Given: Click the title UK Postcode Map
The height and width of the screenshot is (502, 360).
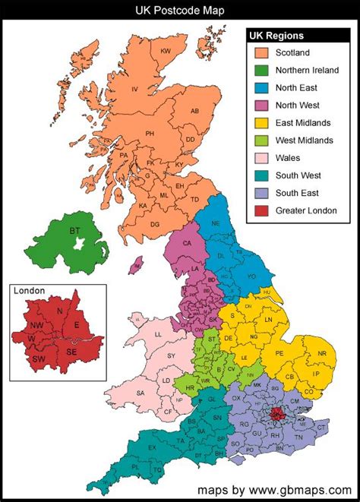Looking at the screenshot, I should point(180,10).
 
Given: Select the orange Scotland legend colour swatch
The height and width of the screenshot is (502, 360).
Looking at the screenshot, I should point(262,53).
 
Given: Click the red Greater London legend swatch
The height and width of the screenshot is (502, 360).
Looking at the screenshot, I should point(262,210).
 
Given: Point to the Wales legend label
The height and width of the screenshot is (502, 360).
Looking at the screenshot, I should point(288,158).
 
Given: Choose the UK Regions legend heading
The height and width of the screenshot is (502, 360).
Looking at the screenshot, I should point(277,36).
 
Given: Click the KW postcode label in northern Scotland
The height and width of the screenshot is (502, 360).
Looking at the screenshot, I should point(166,51).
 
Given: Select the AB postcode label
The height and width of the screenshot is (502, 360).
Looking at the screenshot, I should point(194,111).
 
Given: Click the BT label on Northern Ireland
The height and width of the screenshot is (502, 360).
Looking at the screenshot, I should point(74,230).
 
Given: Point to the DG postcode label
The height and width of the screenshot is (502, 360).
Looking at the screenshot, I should point(155,224).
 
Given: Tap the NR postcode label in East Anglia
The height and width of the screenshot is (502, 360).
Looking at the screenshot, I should point(322,353).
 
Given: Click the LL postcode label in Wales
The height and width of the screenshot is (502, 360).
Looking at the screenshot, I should point(158,334).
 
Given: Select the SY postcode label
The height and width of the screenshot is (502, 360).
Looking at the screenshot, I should point(172,355).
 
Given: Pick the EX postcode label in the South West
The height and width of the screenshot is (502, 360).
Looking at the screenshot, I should point(151,447).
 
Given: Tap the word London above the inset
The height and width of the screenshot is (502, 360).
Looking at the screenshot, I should point(30,291).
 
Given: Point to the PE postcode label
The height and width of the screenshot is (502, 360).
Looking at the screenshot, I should point(279,353).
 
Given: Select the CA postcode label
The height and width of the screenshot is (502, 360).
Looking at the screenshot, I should point(187,244).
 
